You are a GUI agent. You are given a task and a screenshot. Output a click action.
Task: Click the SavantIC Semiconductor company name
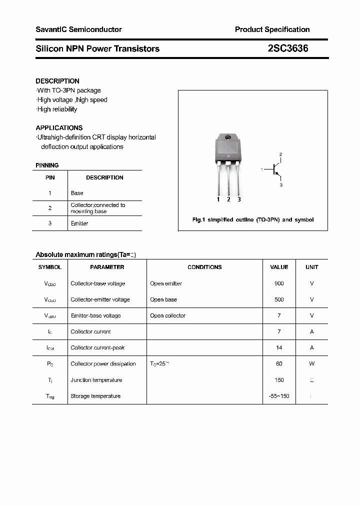(78, 29)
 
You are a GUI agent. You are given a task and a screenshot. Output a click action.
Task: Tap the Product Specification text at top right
(272, 29)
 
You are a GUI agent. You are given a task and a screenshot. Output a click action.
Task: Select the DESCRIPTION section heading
(57, 81)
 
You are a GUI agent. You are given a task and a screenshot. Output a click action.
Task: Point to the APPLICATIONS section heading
(59, 128)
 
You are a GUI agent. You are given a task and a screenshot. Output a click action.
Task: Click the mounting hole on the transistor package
(228, 137)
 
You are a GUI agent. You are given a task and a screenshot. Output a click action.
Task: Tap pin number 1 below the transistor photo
(218, 199)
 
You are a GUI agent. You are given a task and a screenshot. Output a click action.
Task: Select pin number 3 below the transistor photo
(239, 199)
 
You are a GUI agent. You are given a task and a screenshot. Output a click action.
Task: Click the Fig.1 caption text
(253, 220)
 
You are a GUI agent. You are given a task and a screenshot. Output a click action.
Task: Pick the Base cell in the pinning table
(77, 193)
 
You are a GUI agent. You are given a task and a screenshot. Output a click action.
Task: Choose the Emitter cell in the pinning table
(79, 223)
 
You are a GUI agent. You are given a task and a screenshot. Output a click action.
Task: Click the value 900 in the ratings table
(279, 283)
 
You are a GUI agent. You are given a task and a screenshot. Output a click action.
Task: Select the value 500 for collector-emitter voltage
(279, 299)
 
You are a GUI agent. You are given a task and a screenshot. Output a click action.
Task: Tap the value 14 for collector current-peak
(279, 347)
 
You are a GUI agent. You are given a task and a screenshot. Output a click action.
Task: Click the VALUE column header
(279, 267)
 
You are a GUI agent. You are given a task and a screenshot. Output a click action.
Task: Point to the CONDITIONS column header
(204, 267)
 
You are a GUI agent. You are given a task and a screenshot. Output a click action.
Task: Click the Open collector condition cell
(167, 315)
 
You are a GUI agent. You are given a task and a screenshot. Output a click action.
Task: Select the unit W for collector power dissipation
(311, 363)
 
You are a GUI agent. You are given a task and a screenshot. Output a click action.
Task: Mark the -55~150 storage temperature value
(279, 396)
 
